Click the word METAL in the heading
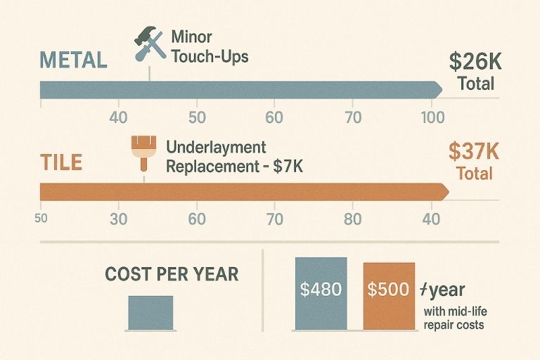pos(73,60)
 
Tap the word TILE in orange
pos(61,163)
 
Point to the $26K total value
pos(476,62)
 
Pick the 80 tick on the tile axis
pos(352,219)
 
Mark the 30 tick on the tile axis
pos(119,219)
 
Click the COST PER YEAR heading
pos(172,274)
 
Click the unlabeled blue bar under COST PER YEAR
pos(150,313)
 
